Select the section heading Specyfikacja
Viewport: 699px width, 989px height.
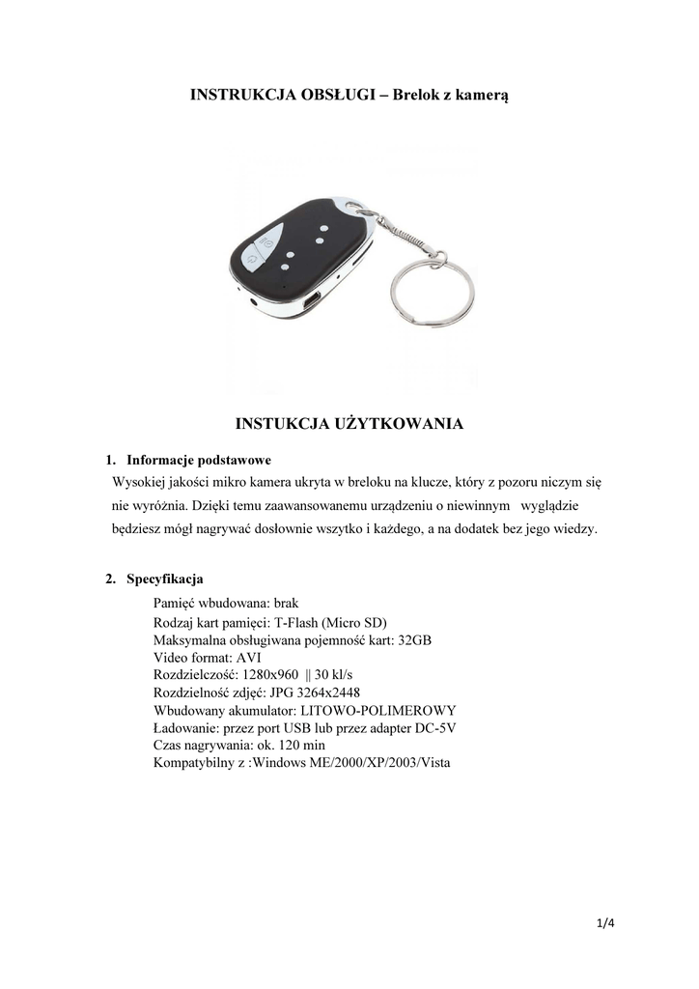(x=164, y=579)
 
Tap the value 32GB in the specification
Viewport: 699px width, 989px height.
(x=415, y=640)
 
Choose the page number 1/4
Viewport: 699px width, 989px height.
(x=606, y=923)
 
